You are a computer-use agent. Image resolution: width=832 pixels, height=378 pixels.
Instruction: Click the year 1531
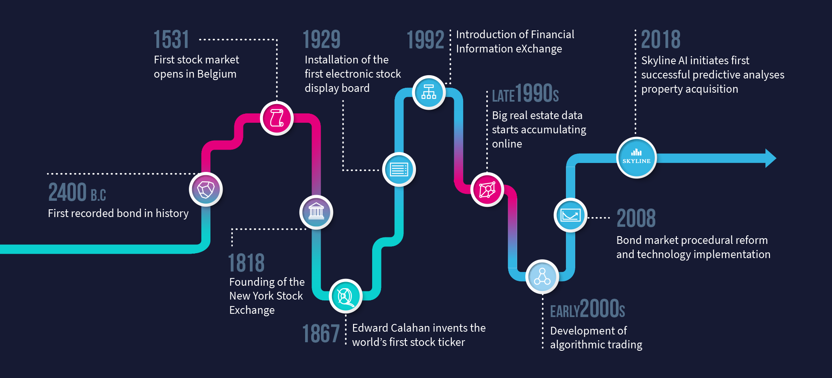[x=171, y=39]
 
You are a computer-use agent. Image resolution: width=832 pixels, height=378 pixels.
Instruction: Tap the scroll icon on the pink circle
[x=277, y=118]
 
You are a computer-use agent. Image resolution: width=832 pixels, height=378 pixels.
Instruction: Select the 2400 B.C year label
[x=77, y=192]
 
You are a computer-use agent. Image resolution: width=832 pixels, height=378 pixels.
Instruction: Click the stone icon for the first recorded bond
[x=206, y=189]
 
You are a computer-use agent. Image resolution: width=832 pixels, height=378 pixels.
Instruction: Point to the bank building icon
[x=316, y=212]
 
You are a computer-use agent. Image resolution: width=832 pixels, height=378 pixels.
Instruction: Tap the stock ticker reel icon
[x=346, y=296]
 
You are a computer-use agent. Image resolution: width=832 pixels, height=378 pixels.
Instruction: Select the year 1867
[x=321, y=334]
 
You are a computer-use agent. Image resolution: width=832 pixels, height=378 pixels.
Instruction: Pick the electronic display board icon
[x=399, y=169]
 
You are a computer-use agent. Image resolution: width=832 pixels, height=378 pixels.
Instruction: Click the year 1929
[x=322, y=39]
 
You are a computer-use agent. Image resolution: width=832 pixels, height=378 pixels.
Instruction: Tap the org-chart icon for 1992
[x=429, y=92]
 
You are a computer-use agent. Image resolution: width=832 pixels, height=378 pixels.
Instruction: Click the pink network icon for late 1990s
[x=487, y=190]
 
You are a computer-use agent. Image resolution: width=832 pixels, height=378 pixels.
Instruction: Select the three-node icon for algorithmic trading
[x=542, y=276]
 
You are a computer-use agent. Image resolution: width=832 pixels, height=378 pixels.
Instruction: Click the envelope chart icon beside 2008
[x=570, y=215]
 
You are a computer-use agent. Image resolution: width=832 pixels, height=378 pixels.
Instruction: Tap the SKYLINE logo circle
[x=637, y=157]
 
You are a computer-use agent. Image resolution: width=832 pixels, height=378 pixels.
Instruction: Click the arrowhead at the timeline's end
[x=771, y=158]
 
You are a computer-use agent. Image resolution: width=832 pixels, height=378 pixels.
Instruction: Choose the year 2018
[x=661, y=39]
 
